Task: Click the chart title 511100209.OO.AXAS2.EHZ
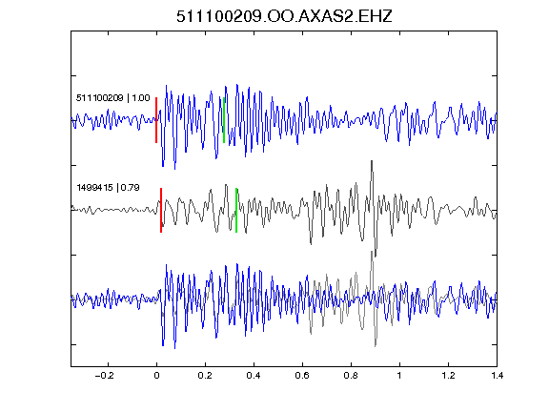[284, 16]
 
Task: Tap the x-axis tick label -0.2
[105, 376]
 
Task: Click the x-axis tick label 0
[156, 376]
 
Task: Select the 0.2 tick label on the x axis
[205, 376]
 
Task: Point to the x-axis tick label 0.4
[254, 376]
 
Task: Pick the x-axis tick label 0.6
[302, 376]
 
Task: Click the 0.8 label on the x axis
[351, 376]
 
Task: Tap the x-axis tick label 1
[399, 376]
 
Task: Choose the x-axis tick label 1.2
[448, 376]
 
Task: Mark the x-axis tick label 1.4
[497, 376]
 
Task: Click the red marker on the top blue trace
[156, 120]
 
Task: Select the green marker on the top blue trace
[224, 120]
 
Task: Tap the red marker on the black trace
[161, 210]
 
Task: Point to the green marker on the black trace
[236, 210]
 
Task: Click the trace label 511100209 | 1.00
[113, 98]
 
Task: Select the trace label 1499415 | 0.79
[109, 188]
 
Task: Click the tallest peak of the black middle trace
[372, 161]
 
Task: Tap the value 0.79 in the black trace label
[131, 188]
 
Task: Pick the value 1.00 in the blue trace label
[141, 98]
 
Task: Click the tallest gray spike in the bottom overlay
[372, 252]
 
